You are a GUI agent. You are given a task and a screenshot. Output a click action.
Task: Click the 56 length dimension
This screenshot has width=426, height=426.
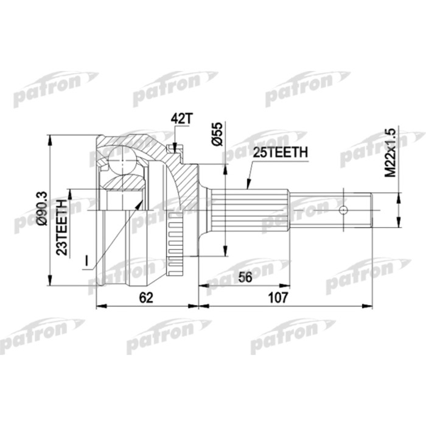[x=245, y=277]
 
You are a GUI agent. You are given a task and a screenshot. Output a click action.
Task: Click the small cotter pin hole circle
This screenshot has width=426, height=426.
[x=343, y=211]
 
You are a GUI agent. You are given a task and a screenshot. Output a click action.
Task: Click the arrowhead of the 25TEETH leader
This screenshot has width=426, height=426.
[x=248, y=183]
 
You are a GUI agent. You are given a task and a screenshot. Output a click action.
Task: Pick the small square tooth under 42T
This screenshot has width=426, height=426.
[x=176, y=146]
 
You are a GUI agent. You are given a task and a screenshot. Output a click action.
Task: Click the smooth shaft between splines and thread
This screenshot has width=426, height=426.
[x=316, y=211]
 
